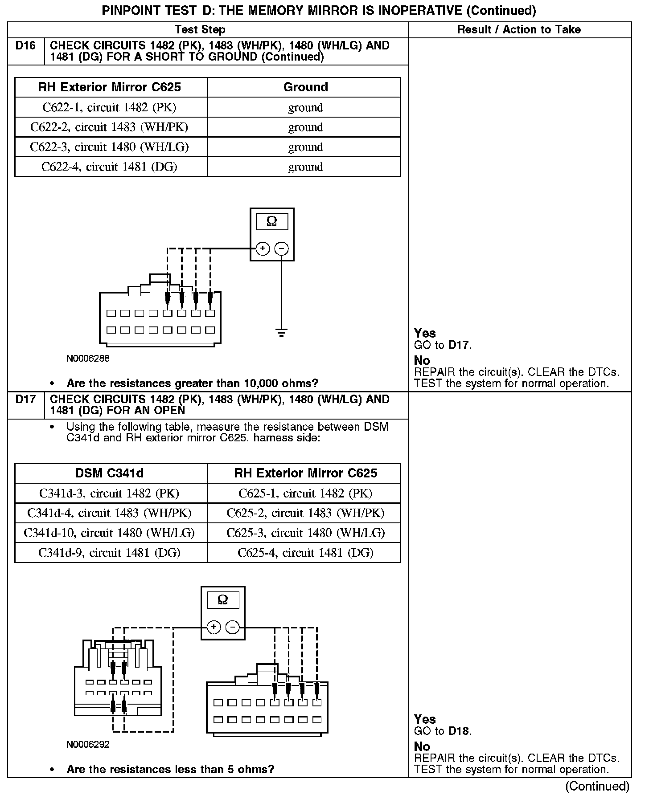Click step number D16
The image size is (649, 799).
click(25, 46)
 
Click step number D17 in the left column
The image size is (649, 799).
click(25, 399)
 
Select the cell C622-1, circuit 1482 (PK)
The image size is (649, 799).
click(110, 107)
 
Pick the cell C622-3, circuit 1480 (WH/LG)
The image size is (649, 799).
click(110, 147)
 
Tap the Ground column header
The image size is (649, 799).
click(305, 87)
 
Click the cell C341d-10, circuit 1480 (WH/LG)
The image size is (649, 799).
click(110, 533)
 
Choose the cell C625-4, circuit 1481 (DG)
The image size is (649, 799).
click(305, 553)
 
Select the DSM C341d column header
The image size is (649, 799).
click(110, 473)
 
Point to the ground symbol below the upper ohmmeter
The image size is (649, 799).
click(281, 332)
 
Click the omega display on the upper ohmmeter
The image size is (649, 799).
click(271, 221)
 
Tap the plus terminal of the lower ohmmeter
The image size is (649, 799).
click(214, 628)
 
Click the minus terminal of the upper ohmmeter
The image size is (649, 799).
click(281, 249)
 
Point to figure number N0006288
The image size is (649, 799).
click(88, 359)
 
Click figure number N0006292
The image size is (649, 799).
click(88, 744)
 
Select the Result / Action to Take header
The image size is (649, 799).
click(519, 30)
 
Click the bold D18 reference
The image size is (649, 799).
click(459, 731)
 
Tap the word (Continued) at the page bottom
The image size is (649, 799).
click(597, 787)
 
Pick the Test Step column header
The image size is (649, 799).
click(200, 30)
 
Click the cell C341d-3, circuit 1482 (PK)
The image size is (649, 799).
click(110, 493)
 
